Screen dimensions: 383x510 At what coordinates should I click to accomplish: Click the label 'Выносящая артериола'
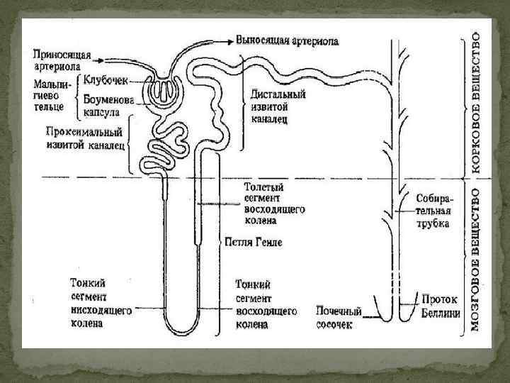(288, 41)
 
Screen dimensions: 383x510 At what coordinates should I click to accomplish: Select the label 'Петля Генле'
(253, 242)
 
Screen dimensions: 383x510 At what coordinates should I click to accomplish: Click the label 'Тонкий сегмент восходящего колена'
(261, 303)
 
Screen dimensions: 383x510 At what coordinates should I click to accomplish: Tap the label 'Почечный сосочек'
(339, 317)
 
